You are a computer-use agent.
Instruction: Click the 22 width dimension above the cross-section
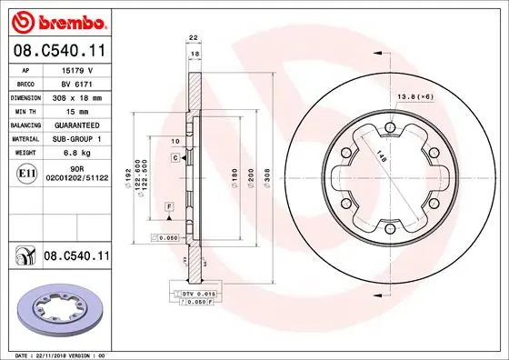coord(192,36)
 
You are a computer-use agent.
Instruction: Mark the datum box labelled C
coord(173,158)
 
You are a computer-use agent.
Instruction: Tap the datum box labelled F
coord(169,208)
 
